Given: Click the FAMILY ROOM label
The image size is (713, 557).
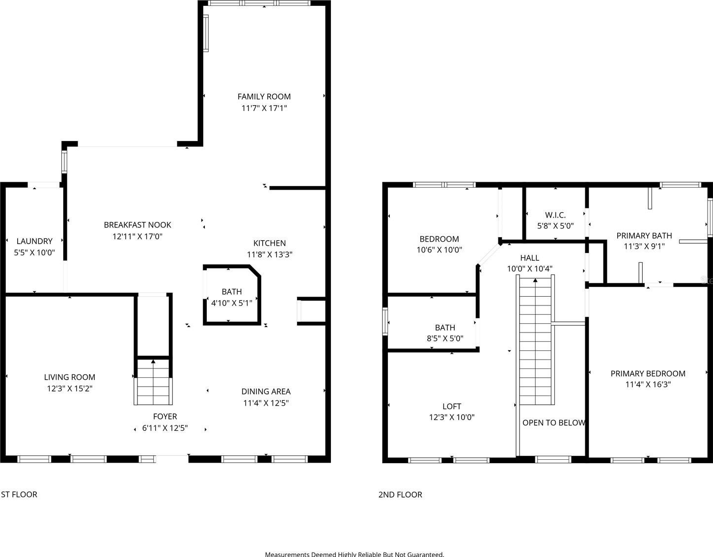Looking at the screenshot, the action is [264, 97].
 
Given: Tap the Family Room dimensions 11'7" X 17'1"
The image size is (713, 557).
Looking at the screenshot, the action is [264, 109].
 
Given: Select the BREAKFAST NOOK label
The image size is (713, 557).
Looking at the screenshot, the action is [137, 225].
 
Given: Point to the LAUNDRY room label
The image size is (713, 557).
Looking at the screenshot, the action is [34, 241].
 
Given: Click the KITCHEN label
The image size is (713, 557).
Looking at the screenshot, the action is [270, 243].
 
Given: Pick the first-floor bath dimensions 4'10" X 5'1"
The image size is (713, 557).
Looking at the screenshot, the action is [232, 303].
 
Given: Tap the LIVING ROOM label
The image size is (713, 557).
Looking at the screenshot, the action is [70, 377].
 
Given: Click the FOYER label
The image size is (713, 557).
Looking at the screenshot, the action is [165, 417].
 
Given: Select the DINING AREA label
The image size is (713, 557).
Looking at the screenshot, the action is [266, 391].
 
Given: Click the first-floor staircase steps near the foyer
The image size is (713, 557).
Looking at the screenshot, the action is [153, 382].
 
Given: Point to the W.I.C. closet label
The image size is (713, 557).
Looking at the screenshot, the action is [555, 215].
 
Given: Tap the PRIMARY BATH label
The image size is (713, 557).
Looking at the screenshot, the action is [644, 236].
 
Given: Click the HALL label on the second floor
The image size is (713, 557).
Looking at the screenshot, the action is [529, 258].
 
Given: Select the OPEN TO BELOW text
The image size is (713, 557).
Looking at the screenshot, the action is [554, 423].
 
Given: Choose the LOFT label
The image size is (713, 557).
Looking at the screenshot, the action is [452, 406].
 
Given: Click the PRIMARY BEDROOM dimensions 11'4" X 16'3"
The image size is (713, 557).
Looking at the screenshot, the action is [648, 385].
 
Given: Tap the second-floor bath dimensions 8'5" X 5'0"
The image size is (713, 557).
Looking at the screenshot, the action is [445, 338].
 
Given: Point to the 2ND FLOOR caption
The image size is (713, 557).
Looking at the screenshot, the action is [400, 495].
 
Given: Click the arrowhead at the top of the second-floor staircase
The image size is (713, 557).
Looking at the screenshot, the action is [536, 280].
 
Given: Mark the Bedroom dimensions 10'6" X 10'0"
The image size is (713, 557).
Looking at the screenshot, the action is [439, 250].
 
